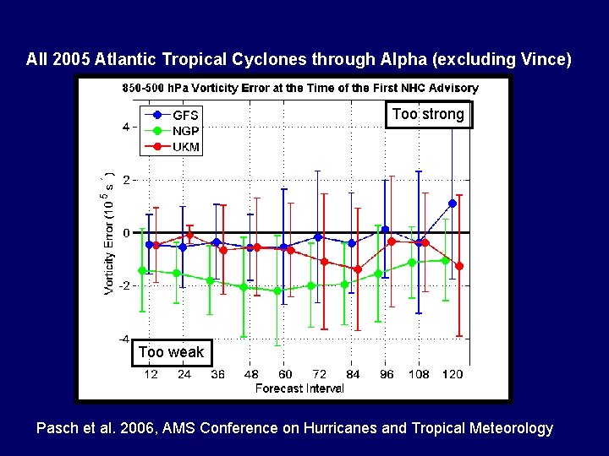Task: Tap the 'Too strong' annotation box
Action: tap(428, 114)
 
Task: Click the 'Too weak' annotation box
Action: tap(171, 352)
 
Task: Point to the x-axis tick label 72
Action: tap(319, 374)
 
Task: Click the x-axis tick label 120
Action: tap(453, 374)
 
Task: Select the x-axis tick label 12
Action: tap(151, 374)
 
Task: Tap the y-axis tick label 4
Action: tap(126, 128)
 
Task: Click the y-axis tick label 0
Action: tap(126, 233)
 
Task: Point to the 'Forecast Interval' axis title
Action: tap(300, 388)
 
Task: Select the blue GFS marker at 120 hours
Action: tap(453, 204)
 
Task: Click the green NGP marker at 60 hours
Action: tap(277, 290)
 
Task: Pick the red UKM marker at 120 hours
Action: tap(459, 266)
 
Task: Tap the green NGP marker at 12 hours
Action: tap(143, 271)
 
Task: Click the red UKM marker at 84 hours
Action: tap(358, 269)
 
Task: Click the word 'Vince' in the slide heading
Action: tap(544, 60)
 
